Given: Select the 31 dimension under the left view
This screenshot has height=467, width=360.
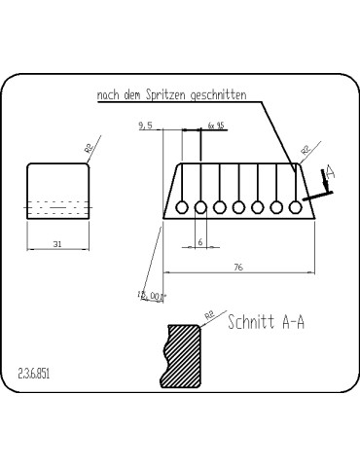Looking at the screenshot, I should click(58, 243).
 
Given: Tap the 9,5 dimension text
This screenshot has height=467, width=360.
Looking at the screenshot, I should click(147, 126).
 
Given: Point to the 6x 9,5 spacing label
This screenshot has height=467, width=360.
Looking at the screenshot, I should click(216, 126).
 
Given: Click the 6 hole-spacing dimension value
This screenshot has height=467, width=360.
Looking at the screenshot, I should click(200, 241).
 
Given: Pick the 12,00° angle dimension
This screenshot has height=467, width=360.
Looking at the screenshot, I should click(153, 295).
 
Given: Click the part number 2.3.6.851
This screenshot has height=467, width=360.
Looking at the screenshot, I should click(34, 373).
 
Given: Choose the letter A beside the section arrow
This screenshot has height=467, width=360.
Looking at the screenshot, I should click(330, 171).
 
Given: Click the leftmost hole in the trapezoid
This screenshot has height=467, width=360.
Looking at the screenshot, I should click(182, 206).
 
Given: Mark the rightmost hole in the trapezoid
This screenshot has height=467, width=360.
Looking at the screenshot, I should click(295, 206).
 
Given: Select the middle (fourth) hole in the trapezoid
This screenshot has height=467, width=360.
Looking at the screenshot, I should click(238, 206).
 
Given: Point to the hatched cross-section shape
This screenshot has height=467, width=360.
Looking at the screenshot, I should click(183, 355).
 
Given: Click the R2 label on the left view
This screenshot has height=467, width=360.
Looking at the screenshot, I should click(89, 148).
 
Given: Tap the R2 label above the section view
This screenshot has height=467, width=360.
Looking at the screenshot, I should click(208, 315).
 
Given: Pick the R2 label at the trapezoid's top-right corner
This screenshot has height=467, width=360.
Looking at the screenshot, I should click(306, 150).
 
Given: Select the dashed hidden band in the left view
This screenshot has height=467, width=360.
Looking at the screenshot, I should click(58, 207).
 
